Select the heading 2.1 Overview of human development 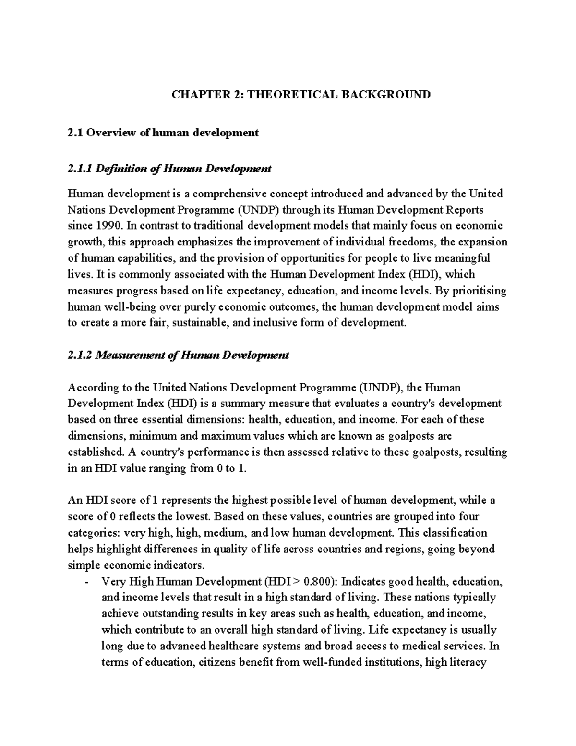point(163,133)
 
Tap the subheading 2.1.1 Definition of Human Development point(169,169)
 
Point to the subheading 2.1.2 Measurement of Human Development point(178,355)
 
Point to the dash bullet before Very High point(86,583)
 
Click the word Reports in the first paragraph point(465,210)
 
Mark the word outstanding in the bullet point(167,614)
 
